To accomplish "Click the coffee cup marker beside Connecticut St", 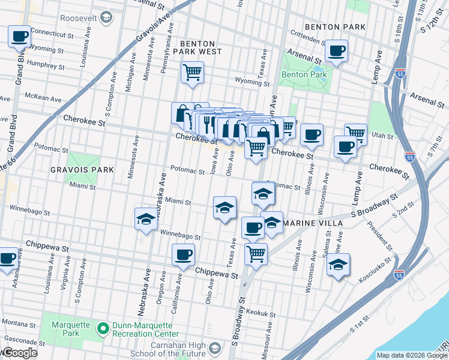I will (19, 36).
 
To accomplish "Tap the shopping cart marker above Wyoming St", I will (192, 73).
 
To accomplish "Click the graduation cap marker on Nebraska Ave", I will (146, 220).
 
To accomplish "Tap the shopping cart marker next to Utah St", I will (356, 133).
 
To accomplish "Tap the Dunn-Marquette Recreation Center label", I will (146, 329).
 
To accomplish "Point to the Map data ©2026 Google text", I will (411, 355).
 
